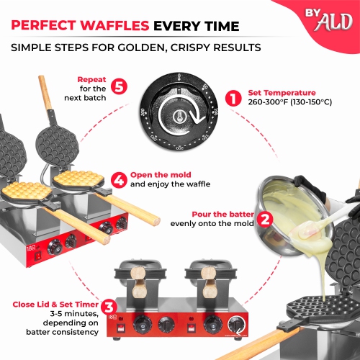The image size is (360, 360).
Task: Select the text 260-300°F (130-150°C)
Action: (x=289, y=103)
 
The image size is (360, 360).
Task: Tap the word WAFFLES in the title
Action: (x=112, y=27)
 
